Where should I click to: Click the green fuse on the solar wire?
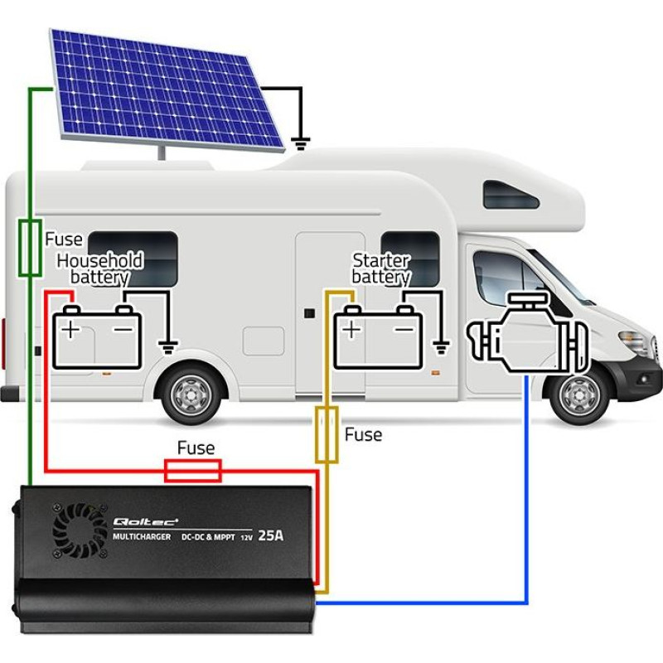(x=30, y=248)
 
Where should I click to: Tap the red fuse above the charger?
(x=193, y=471)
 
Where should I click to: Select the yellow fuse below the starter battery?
(x=327, y=434)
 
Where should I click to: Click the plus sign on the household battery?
(x=70, y=329)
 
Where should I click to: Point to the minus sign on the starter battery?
(x=404, y=329)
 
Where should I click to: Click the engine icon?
(x=527, y=333)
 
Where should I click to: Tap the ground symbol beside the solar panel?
(x=301, y=143)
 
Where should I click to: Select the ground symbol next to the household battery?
(x=168, y=347)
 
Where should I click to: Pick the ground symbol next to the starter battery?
(x=441, y=347)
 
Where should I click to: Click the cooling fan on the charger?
(x=80, y=530)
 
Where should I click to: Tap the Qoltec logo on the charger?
(x=146, y=522)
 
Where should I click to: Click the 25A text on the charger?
(x=271, y=535)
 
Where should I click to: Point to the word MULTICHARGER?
(x=142, y=536)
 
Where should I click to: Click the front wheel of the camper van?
(x=578, y=394)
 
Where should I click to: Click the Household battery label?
(x=100, y=269)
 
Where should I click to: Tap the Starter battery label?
(x=381, y=269)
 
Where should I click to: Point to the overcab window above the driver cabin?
(x=511, y=195)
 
